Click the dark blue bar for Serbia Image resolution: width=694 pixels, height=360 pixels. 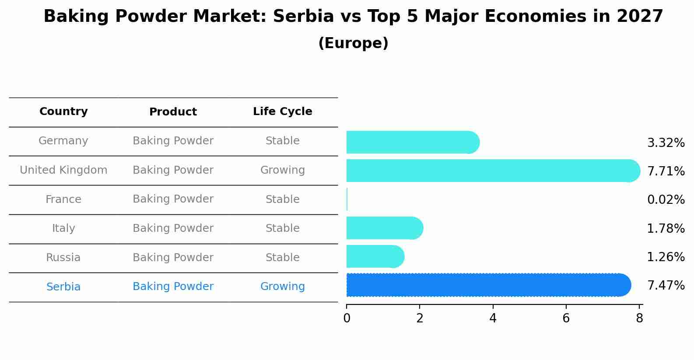(488, 285)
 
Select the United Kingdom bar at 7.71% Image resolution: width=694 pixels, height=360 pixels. (493, 171)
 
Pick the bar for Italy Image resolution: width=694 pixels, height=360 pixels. (384, 228)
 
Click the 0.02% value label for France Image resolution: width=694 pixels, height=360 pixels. (666, 200)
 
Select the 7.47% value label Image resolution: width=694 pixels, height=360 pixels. (666, 286)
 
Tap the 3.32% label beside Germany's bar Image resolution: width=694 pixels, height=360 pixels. (666, 143)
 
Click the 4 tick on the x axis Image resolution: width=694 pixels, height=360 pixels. (493, 318)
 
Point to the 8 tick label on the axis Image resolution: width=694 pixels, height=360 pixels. (639, 318)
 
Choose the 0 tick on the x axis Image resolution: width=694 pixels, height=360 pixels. (347, 318)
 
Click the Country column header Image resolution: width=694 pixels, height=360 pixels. (63, 112)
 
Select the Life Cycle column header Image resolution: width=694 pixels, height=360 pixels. (282, 112)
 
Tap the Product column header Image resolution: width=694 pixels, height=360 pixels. (173, 112)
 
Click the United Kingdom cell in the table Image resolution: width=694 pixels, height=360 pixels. (63, 170)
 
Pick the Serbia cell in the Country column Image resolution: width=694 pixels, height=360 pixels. (63, 287)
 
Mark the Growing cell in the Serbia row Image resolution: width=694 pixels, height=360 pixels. (282, 287)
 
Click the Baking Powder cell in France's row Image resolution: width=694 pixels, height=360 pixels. (173, 199)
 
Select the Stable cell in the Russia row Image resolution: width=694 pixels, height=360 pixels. (282, 258)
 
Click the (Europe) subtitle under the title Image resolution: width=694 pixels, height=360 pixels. (353, 43)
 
